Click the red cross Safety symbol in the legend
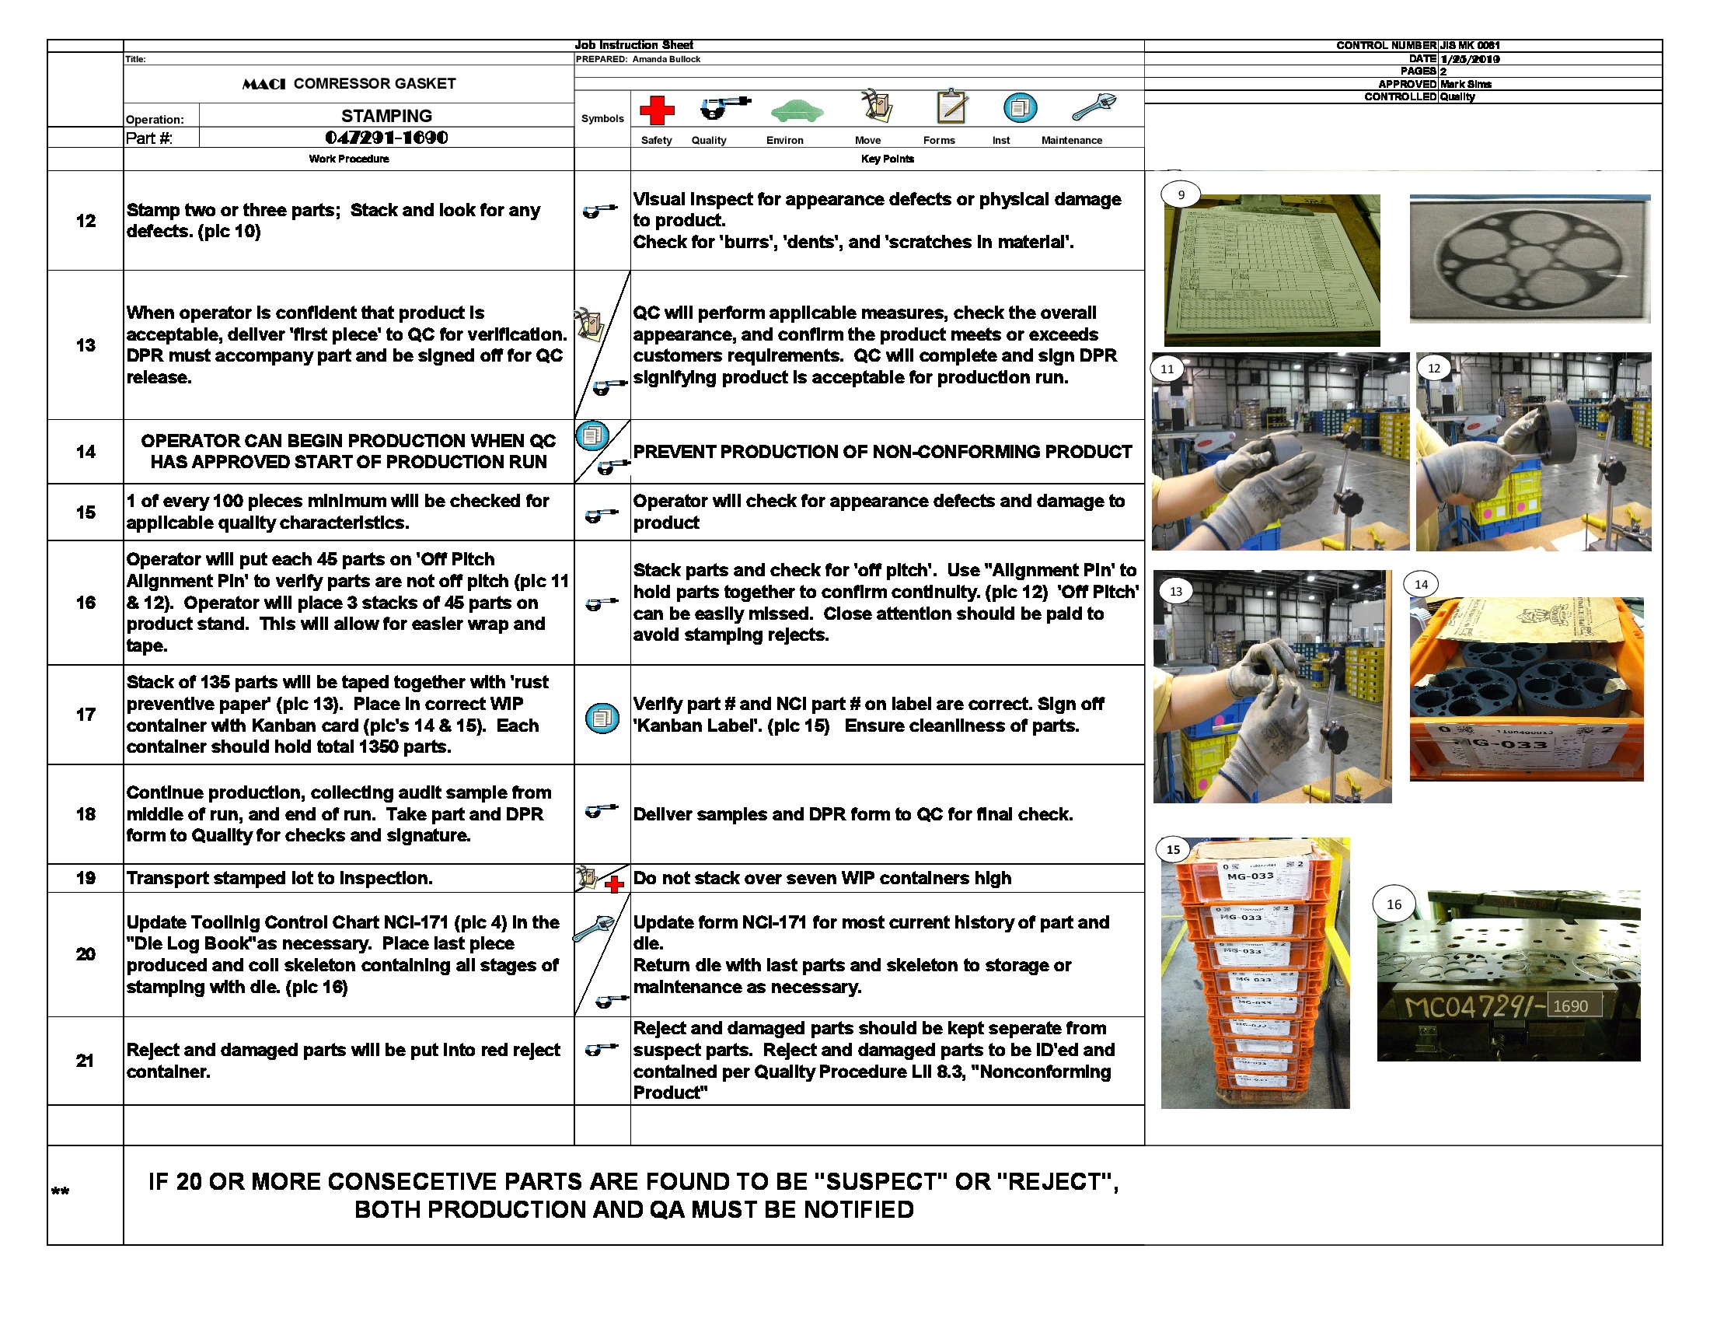(657, 110)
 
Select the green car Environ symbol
(796, 111)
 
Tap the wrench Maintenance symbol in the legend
(1093, 107)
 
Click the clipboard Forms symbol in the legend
(951, 106)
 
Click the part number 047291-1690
(386, 138)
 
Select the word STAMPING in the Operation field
(386, 116)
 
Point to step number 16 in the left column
(85, 602)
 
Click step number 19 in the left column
(85, 878)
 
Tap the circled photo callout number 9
(1181, 195)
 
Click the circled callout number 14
(1420, 584)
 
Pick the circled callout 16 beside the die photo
(1394, 904)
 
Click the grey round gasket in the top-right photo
(1529, 258)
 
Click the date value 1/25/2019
(1469, 59)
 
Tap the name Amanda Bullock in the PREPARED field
(666, 59)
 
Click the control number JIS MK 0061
(1469, 45)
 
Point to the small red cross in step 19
(615, 885)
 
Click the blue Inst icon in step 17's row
(602, 718)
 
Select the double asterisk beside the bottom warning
(61, 1192)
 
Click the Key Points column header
(886, 159)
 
